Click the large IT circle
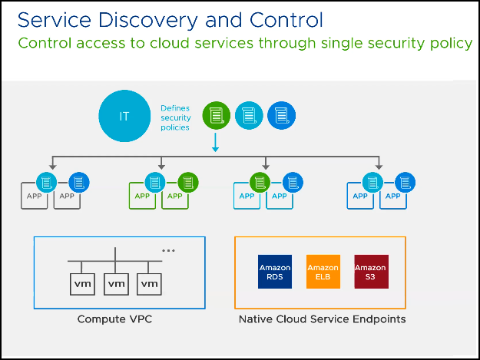124,116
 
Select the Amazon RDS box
275,272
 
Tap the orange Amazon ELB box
323,272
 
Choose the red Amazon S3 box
371,272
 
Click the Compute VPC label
114,319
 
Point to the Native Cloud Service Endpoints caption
322,319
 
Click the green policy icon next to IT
216,115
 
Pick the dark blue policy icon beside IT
281,115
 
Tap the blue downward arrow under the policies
216,142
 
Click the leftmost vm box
82,284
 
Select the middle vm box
116,284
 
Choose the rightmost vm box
149,284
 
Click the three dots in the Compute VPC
168,250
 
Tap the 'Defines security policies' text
176,117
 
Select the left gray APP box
34,196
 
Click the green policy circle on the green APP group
188,183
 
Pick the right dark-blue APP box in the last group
393,196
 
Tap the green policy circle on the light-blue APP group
260,183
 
